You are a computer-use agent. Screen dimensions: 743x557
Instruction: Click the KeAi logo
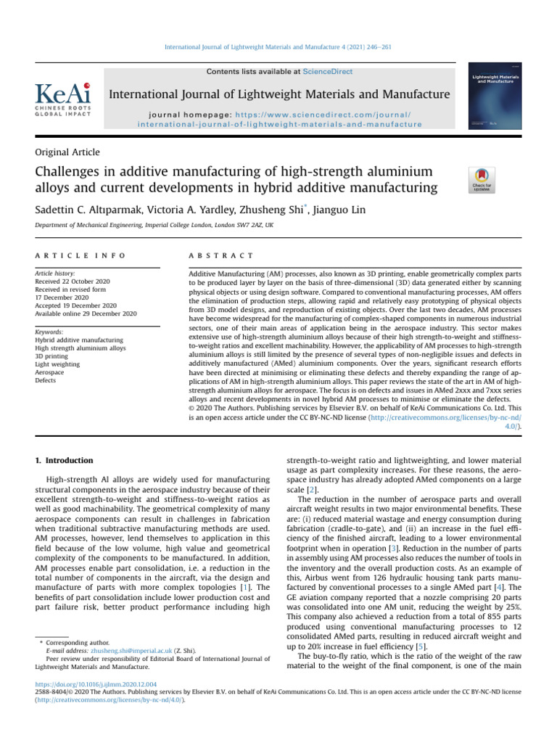pyautogui.click(x=63, y=100)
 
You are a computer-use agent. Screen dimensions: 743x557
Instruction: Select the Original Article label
pyautogui.click(x=67, y=152)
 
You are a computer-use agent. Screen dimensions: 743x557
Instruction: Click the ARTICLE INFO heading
pyautogui.click(x=80, y=256)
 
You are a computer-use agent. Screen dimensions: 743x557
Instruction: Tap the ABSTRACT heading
pyautogui.click(x=220, y=256)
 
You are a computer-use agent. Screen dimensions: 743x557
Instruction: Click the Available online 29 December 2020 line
pyautogui.click(x=86, y=313)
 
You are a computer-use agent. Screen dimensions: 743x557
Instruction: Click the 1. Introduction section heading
pyautogui.click(x=65, y=461)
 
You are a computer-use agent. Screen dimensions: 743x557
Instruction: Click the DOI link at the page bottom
pyautogui.click(x=95, y=684)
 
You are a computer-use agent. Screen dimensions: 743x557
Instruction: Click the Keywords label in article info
pyautogui.click(x=52, y=331)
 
